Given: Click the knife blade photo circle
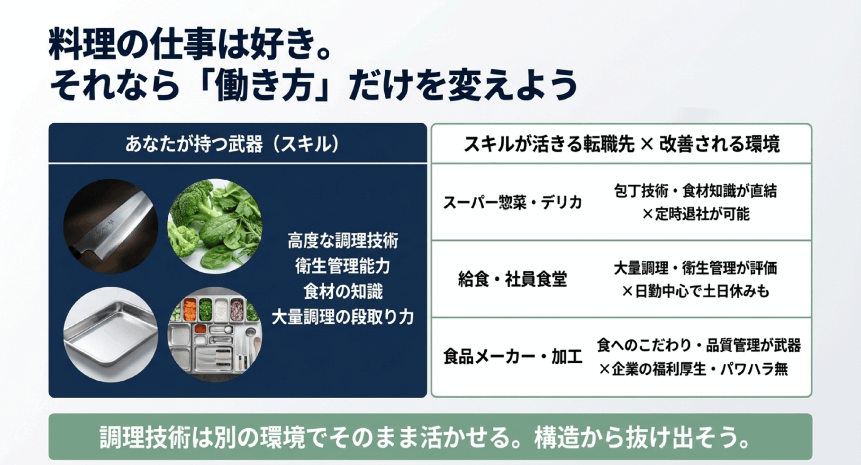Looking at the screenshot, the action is tap(111, 226).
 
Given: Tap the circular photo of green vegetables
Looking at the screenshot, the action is tap(215, 226).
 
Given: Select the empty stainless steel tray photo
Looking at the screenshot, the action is tap(111, 335).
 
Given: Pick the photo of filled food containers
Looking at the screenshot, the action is tap(215, 335).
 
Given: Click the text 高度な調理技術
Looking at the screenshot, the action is tap(343, 241).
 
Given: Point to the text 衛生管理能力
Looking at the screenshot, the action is tap(343, 266).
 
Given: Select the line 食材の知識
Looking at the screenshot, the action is tap(343, 291).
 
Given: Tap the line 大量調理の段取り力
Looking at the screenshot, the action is tap(343, 317).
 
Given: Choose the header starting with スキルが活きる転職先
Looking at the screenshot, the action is tap(622, 144).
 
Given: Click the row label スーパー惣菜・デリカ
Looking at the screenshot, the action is tap(513, 202).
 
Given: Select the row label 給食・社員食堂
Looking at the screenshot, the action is tap(513, 279).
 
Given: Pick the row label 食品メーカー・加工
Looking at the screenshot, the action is tap(513, 356).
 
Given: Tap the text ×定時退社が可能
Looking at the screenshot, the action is tap(696, 214).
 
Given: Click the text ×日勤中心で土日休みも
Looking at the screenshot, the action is tap(696, 291).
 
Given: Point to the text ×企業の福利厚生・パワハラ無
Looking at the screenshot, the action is tap(694, 369).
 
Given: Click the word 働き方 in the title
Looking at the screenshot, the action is tap(264, 85).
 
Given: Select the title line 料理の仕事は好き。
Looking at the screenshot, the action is tap(190, 44).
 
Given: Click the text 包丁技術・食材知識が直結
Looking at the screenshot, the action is tap(696, 191).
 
